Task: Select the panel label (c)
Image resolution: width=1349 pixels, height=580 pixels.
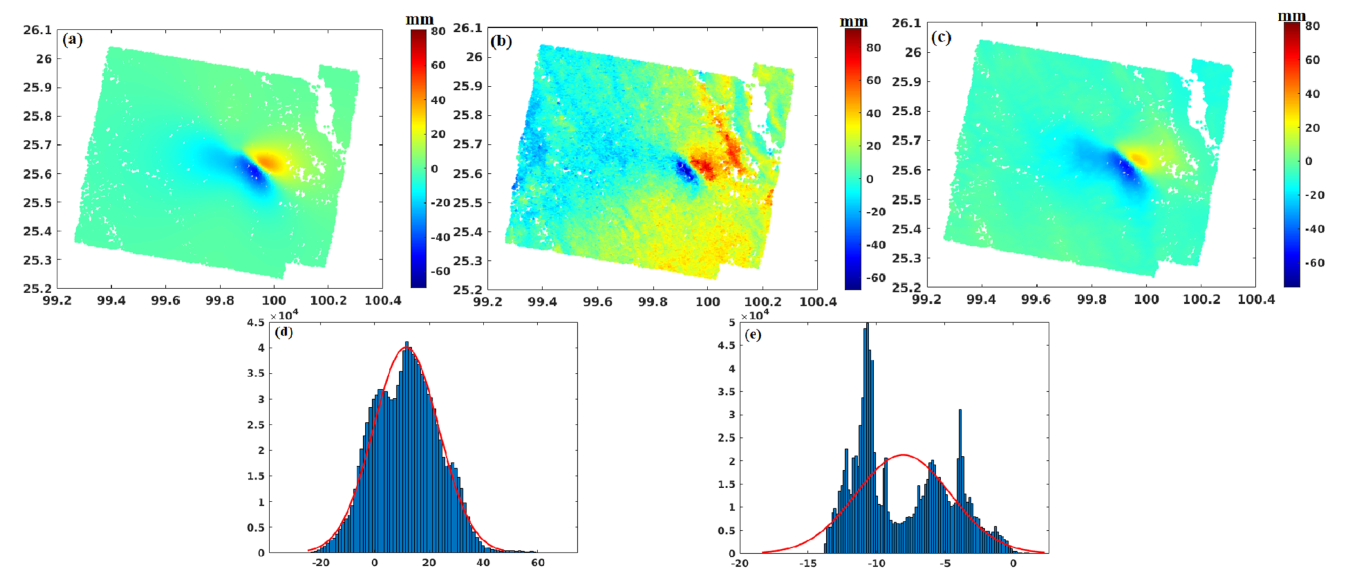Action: point(941,37)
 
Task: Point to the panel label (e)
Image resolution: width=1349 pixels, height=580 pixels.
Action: point(752,334)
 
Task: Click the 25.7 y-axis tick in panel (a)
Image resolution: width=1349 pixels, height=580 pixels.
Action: point(37,145)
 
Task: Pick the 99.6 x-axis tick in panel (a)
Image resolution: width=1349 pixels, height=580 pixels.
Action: point(166,301)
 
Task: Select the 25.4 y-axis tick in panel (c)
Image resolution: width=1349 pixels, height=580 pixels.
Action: point(907,229)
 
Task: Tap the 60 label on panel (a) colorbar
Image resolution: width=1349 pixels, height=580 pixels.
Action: point(438,65)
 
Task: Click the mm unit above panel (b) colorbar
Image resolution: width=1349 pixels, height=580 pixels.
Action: point(854,22)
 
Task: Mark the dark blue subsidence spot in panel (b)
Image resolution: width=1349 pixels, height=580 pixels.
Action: point(685,170)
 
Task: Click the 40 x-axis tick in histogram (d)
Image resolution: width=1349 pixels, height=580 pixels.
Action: point(483,563)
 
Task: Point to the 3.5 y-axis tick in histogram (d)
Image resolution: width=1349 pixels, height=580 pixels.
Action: point(255,374)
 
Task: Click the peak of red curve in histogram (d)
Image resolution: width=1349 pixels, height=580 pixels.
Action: point(406,347)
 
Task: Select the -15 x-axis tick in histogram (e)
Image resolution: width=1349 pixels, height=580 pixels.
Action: point(807,563)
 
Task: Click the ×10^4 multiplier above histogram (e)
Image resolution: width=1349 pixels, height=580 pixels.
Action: point(755,316)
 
